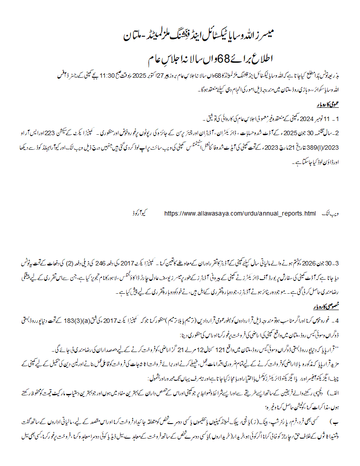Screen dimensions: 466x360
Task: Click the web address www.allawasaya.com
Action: (240, 214)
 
